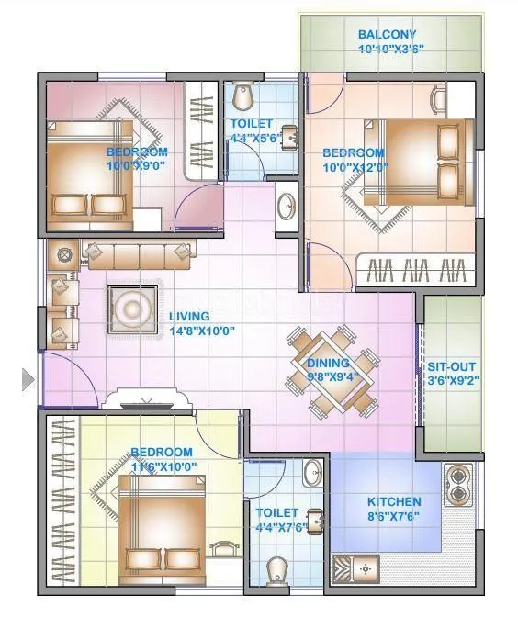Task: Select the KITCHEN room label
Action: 394,502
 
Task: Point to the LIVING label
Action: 191,318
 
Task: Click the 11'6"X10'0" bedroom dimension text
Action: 162,467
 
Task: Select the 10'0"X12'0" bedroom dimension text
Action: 352,168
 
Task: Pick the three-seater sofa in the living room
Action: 138,252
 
